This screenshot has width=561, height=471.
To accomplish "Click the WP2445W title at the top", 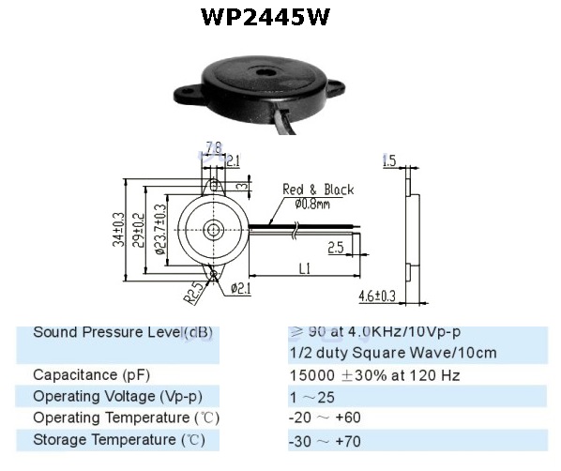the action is [265, 17].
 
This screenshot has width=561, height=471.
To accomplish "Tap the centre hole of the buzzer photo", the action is [265, 72].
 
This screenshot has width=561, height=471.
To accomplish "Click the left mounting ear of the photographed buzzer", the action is [187, 95].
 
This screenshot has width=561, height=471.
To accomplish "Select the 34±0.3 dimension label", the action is [119, 230].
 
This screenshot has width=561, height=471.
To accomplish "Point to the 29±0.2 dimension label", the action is [139, 230].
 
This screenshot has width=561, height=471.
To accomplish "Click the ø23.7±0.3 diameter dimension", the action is [160, 229].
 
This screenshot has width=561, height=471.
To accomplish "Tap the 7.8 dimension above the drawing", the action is [213, 147].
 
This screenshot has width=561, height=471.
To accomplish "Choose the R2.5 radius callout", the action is [194, 293].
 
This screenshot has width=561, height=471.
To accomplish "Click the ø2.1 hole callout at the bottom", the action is [241, 288].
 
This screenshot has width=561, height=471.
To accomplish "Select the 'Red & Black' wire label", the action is [318, 190].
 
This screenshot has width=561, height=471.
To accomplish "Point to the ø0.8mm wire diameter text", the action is [312, 205].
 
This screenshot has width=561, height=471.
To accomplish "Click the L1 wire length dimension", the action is [305, 268].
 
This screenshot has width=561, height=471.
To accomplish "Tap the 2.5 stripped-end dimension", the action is [336, 248].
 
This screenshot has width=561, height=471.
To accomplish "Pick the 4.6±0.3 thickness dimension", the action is [377, 296].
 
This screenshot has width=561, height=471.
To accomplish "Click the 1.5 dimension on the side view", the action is [389, 160].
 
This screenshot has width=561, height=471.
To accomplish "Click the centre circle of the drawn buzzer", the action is [214, 230].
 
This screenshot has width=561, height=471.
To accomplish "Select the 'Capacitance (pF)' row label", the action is [91, 375].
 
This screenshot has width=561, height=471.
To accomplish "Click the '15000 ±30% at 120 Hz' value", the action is [374, 375].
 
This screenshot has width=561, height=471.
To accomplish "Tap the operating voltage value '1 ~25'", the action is [312, 397].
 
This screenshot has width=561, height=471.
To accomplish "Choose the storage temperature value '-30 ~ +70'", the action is [325, 441].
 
